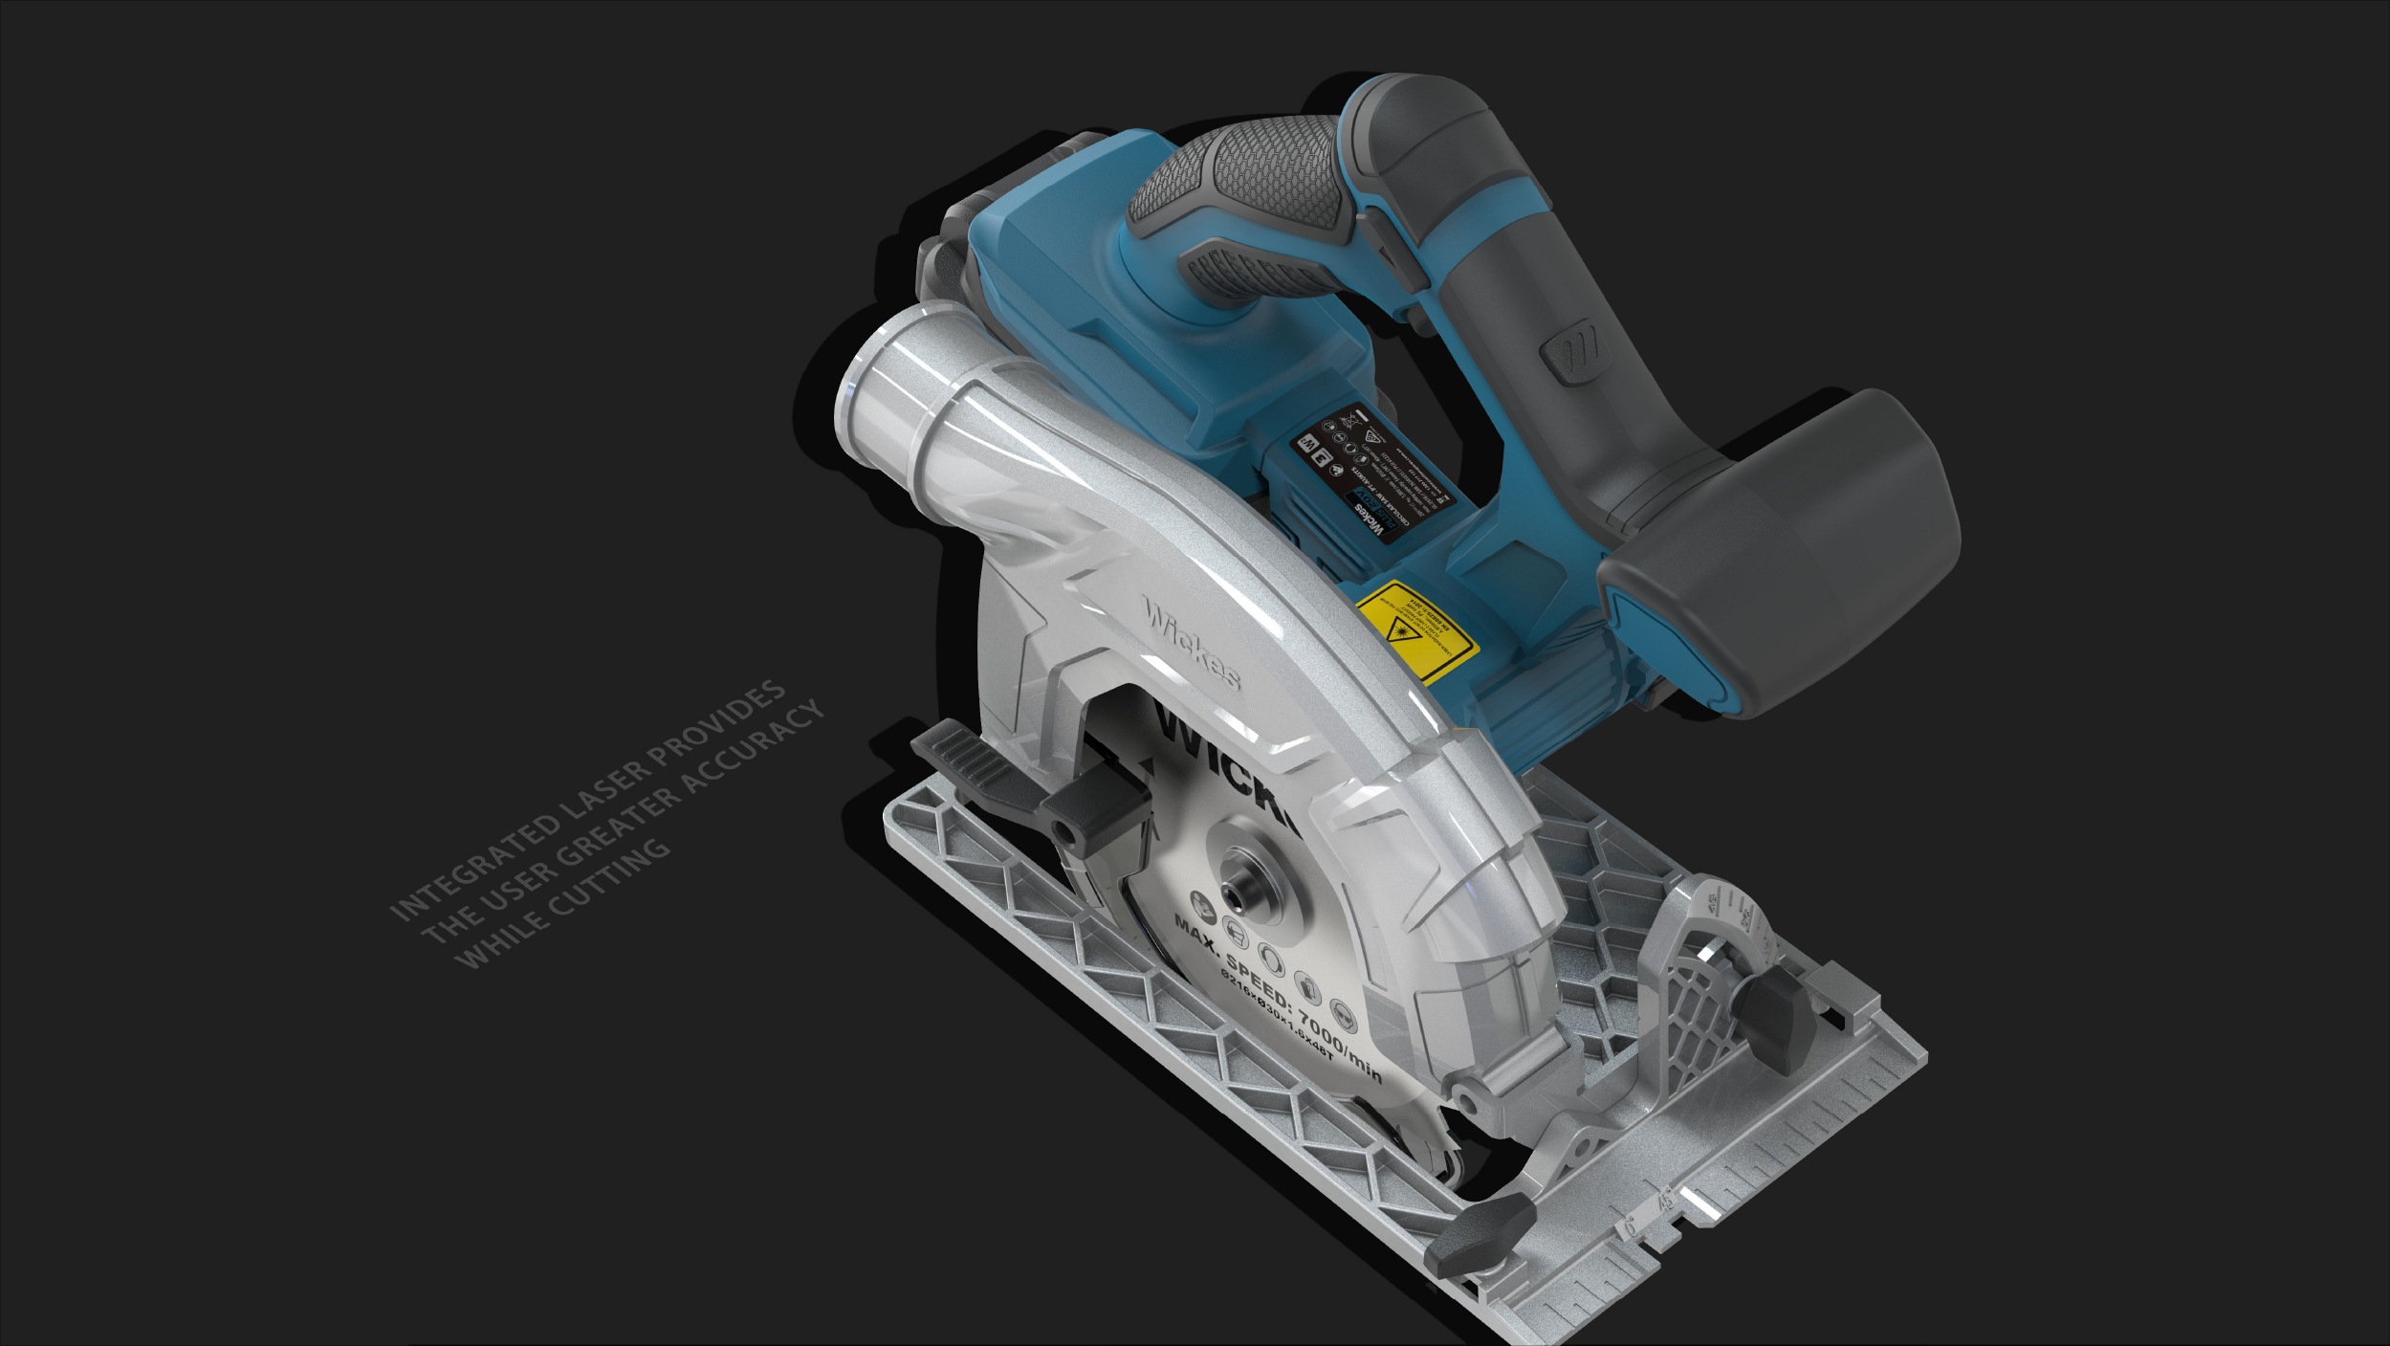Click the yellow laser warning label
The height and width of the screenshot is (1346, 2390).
pos(1416,631)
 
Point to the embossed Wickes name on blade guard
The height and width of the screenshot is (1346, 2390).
pos(1192,642)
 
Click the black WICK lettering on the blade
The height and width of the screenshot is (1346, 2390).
pos(1224,765)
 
